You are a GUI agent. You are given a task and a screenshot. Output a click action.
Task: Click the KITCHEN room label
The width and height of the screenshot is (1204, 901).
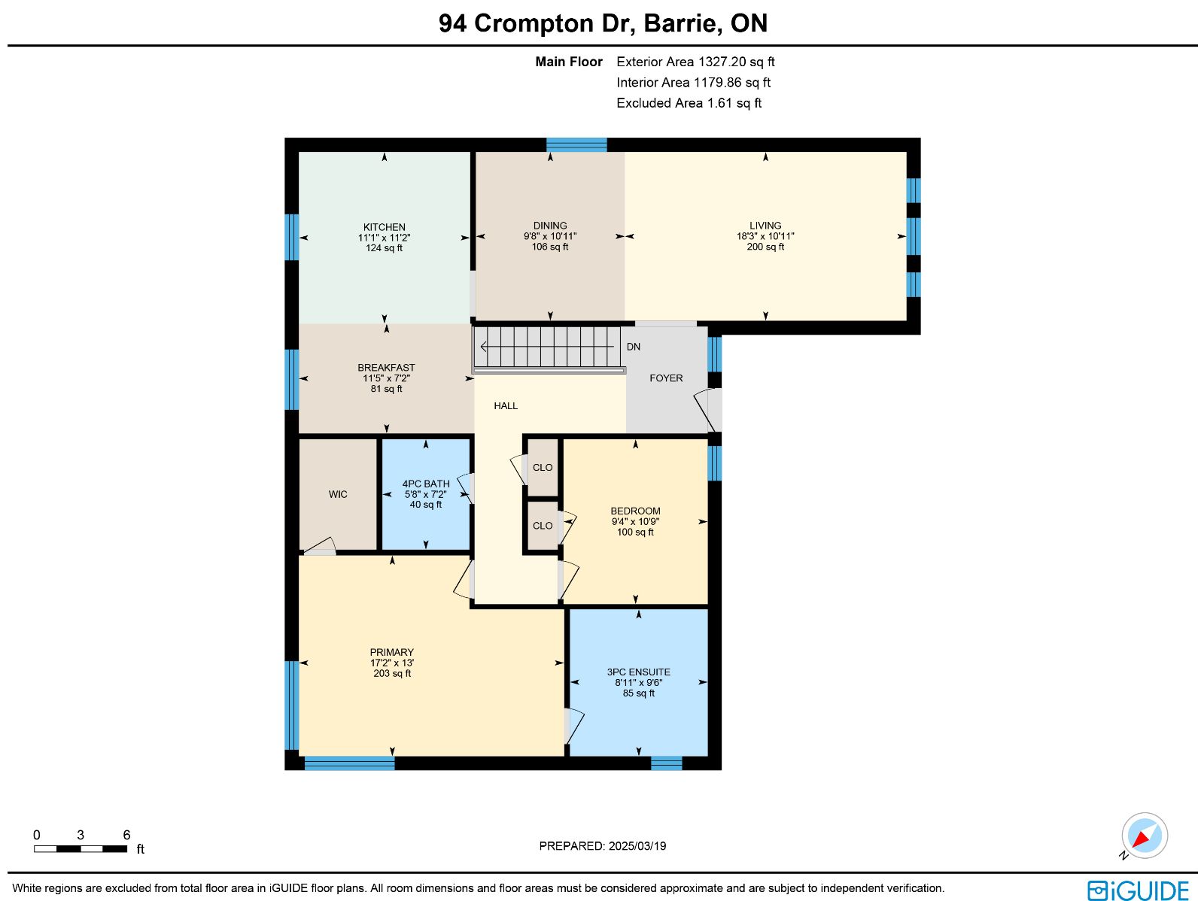coord(384,227)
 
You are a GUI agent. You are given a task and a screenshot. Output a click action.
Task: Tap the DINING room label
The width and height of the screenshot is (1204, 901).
coord(549,226)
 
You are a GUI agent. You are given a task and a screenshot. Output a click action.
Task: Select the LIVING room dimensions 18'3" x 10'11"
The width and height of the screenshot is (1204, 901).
coord(765,236)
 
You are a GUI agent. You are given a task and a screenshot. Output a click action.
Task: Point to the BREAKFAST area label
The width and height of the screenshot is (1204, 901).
coord(386,367)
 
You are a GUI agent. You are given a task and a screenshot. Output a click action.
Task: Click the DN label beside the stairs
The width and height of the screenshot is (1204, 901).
coord(634,347)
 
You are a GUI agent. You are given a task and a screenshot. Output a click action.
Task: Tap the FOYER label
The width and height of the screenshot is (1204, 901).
coord(666,378)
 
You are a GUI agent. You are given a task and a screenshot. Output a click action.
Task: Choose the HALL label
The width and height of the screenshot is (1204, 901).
coord(505,405)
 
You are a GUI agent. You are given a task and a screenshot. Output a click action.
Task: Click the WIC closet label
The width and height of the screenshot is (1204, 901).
coord(338,494)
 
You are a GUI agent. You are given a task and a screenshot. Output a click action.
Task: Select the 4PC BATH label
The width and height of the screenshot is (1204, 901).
coord(426,484)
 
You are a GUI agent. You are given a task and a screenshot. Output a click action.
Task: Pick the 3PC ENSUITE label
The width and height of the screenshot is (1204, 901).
coord(638,672)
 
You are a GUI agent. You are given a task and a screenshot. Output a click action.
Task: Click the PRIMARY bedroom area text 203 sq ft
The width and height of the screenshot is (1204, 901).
coord(392,674)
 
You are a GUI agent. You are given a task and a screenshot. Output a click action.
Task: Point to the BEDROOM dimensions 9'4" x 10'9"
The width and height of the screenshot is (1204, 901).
coord(635,521)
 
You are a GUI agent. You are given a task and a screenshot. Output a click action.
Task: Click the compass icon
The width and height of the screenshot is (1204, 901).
coord(1145,836)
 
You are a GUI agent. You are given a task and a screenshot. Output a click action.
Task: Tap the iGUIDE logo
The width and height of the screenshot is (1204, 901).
coord(1139,890)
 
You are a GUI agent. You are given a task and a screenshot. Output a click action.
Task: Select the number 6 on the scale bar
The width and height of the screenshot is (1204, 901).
coord(126,835)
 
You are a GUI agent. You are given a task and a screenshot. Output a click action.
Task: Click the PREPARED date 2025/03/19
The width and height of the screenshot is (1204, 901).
coord(637,845)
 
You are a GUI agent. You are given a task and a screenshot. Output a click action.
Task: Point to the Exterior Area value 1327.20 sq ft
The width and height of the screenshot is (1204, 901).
coord(736,62)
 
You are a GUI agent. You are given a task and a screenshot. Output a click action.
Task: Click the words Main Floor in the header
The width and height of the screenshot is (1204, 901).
coord(569,62)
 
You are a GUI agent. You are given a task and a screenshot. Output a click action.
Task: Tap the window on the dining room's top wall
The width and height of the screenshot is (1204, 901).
coord(576,144)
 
